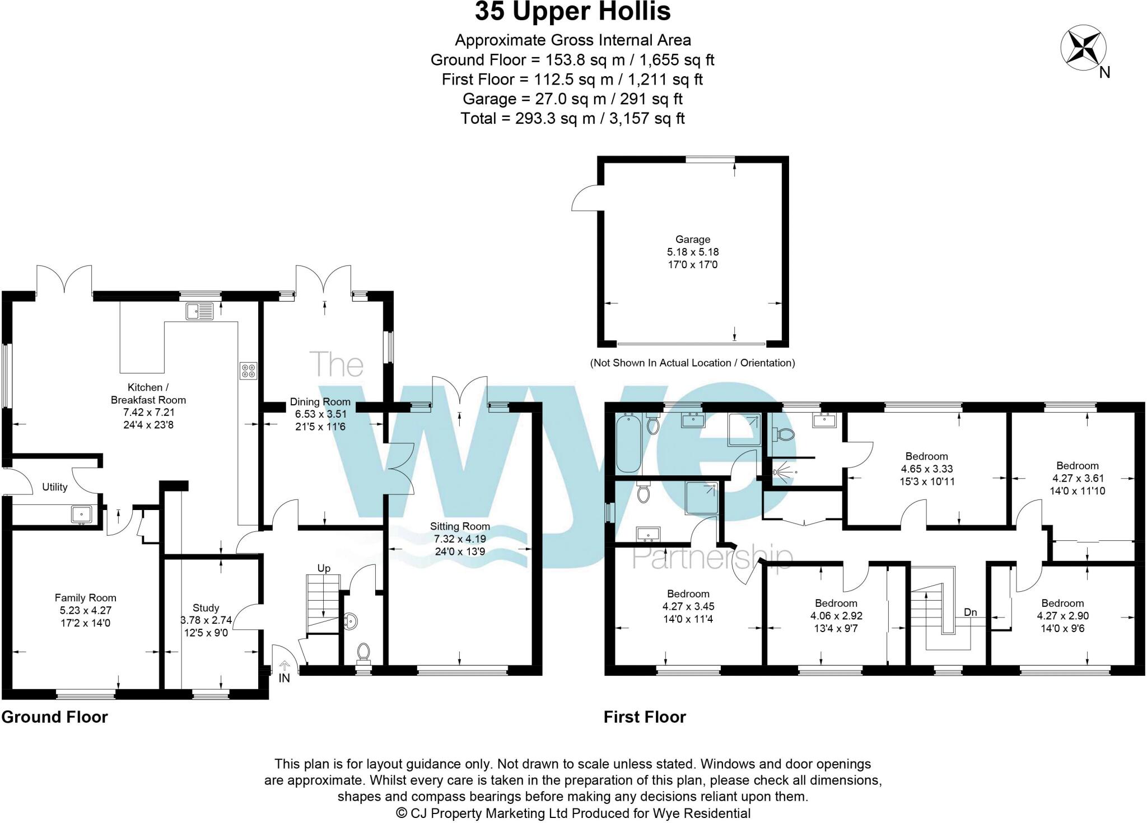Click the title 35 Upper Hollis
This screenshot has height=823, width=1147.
(572, 12)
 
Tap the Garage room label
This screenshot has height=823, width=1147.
(693, 240)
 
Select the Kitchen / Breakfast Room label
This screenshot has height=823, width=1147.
(148, 394)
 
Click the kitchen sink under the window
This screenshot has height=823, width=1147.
(200, 311)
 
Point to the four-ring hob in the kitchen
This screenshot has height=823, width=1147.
(249, 371)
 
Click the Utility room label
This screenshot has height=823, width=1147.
(55, 487)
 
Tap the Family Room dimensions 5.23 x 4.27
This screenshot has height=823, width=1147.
(85, 611)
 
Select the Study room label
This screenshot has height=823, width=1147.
(206, 608)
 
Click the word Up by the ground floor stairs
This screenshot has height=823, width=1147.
(324, 568)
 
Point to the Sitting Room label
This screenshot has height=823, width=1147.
(460, 526)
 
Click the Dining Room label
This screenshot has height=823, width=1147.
(320, 402)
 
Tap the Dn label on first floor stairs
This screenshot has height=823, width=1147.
(970, 612)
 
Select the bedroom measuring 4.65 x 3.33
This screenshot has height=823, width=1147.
(926, 469)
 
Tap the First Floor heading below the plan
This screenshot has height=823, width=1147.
(645, 717)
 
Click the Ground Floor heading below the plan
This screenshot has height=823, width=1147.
(54, 717)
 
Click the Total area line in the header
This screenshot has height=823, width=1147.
(572, 119)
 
